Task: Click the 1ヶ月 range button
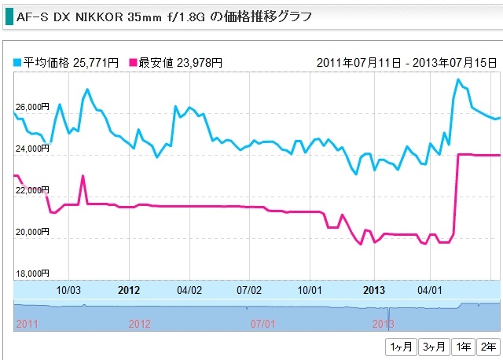pos(400,347)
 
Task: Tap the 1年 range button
pos(464,347)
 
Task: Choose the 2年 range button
pos(488,347)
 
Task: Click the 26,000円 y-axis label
pos(32,106)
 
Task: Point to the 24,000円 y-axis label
pos(32,149)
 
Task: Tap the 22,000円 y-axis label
pos(32,190)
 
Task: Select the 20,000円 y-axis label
pos(32,233)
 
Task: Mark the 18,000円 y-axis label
pos(32,274)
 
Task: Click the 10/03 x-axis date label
pos(68,289)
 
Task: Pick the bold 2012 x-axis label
pos(129,289)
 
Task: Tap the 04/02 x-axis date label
pos(189,289)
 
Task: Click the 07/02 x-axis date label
pos(249,289)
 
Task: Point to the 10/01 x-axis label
pos(310,289)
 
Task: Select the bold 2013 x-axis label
pos(374,289)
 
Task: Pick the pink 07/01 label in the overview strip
pos(263,323)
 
